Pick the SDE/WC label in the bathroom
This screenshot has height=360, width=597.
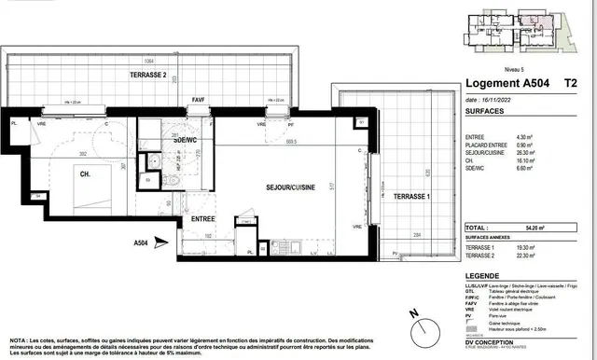[186, 140]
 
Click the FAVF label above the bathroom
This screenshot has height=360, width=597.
[198, 98]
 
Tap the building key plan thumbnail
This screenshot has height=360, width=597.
[527, 34]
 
